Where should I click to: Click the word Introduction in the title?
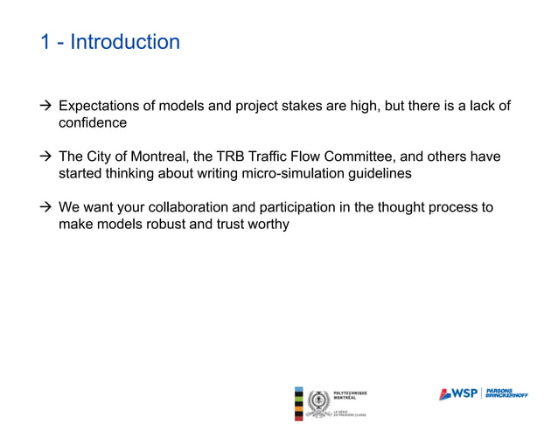click(125, 41)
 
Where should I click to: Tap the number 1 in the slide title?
click(46, 41)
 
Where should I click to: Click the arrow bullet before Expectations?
click(46, 107)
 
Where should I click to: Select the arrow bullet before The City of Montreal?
click(46, 156)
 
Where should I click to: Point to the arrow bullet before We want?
click(46, 207)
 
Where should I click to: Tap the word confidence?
click(93, 123)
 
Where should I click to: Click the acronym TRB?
click(234, 156)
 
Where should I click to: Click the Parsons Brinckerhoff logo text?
click(507, 393)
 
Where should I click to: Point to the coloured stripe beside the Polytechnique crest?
click(300, 403)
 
